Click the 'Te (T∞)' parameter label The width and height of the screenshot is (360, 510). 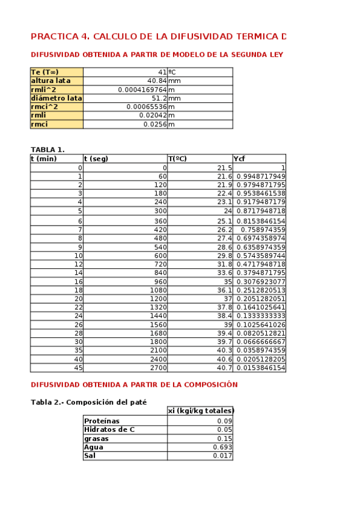tap(45, 72)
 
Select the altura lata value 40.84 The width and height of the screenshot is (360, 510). tap(157, 81)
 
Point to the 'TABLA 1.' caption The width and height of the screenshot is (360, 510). tap(47, 150)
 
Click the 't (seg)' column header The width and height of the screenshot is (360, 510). tap(96, 159)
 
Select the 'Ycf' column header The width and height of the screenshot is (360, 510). tap(239, 159)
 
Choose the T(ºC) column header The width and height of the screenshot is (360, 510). tap(177, 159)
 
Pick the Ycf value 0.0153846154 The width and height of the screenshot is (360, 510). tap(260, 368)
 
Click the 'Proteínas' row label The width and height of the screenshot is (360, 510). tap(102, 421)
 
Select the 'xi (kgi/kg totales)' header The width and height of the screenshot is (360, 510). tap(200, 411)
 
